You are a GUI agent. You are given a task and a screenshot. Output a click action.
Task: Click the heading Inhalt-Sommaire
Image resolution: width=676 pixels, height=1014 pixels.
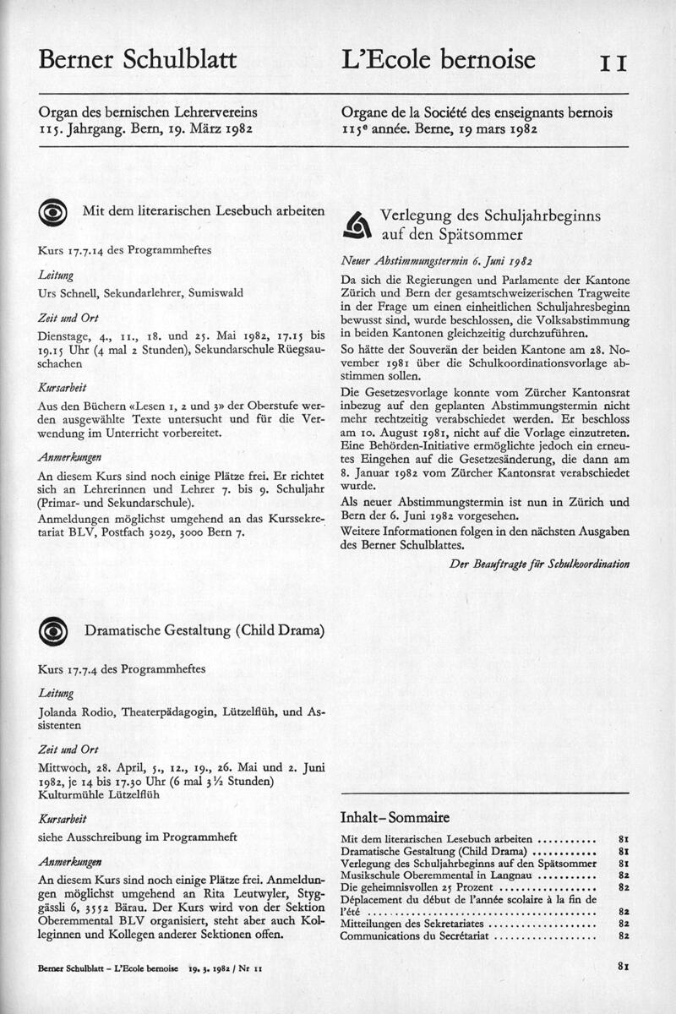click(394, 817)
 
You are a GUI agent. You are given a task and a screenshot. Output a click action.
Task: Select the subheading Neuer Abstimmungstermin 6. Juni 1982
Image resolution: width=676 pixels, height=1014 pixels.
click(436, 261)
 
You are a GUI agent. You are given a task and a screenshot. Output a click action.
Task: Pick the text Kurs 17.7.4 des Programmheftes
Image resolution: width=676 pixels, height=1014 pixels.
click(122, 669)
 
